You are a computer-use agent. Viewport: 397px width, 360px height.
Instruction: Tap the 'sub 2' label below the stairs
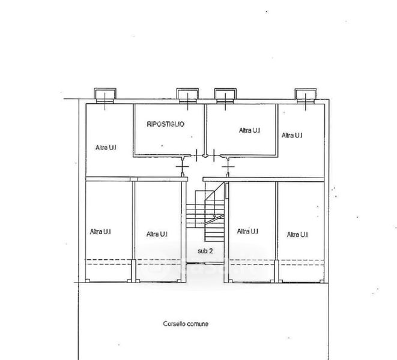(205, 251)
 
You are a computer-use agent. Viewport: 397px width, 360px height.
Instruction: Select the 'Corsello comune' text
(186, 324)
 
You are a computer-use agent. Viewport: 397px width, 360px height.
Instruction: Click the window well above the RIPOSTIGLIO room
(187, 95)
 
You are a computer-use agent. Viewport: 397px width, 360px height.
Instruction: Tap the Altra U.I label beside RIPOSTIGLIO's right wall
(249, 130)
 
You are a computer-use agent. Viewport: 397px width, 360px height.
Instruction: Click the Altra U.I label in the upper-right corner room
(292, 135)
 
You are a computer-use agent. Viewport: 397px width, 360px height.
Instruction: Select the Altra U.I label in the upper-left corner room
(106, 147)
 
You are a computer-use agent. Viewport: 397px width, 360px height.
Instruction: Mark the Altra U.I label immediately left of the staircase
(157, 234)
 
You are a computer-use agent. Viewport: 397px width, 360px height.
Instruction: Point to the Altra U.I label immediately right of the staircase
(247, 231)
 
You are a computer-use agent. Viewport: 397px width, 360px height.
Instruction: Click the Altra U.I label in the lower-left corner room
(100, 232)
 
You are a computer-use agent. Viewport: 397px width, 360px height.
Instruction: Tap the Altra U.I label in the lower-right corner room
(297, 234)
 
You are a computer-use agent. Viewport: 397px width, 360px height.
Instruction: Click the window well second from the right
(225, 95)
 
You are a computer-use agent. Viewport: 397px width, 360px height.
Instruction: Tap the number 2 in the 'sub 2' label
(211, 251)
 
